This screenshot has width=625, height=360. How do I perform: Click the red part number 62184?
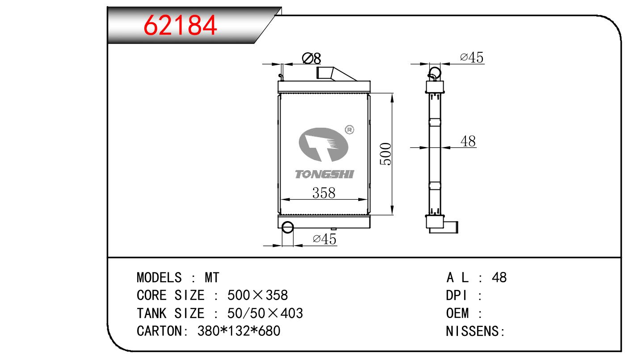click(180, 25)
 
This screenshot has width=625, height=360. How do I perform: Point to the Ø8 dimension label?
click(311, 58)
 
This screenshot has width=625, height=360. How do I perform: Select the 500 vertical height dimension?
click(386, 154)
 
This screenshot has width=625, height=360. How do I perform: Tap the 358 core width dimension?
click(323, 193)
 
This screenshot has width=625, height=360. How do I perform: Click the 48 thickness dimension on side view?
click(468, 141)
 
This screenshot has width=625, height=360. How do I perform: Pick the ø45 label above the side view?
click(471, 58)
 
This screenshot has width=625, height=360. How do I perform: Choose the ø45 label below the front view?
click(324, 239)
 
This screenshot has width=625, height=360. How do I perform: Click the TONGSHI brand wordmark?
click(324, 174)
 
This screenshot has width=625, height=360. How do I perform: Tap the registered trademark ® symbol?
click(350, 130)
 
